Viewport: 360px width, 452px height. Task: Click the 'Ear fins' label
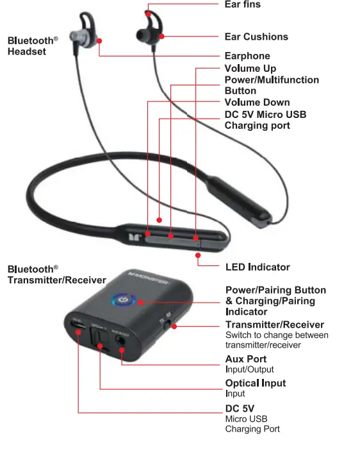coord(242,5)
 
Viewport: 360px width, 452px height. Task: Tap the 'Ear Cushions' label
coord(256,37)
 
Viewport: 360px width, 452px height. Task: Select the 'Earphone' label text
coord(247,56)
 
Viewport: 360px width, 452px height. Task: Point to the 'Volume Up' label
coord(250,69)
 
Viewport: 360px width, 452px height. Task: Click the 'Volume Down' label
coord(257,103)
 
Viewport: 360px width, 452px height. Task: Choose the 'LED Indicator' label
coord(258,267)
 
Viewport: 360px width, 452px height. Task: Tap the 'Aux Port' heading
coord(246,359)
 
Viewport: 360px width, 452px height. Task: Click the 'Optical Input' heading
coord(256,383)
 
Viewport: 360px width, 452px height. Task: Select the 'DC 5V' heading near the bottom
coord(240,408)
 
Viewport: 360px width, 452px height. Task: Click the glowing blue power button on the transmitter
coord(122,299)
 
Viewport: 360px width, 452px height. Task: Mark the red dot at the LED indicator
coord(198,255)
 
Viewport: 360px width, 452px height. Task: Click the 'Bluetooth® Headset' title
coord(32,46)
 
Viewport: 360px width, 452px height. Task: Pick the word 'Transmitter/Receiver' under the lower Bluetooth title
coord(57,280)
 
